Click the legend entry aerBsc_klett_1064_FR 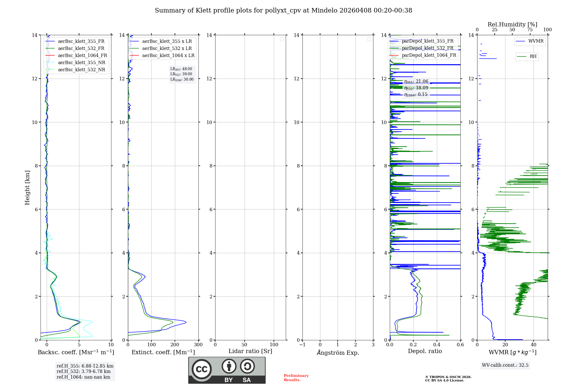pos(82,56)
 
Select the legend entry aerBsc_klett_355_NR pos(81,63)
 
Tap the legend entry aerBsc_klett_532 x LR pos(167,49)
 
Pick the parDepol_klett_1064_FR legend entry pos(429,55)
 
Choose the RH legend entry pos(533,56)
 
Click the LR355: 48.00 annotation pos(181,69)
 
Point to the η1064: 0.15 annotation pos(416,95)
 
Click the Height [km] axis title pos(27,188)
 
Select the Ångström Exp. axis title pos(338,353)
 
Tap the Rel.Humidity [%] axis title pos(512,24)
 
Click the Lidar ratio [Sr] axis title pos(250,351)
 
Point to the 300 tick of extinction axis pos(198,345)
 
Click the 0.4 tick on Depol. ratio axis pos(437,345)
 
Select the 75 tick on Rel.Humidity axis pos(530,30)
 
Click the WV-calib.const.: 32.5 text pos(505,365)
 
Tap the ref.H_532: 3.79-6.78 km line pos(84,372)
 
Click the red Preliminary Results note pos(296,378)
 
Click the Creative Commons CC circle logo pos(202,369)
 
